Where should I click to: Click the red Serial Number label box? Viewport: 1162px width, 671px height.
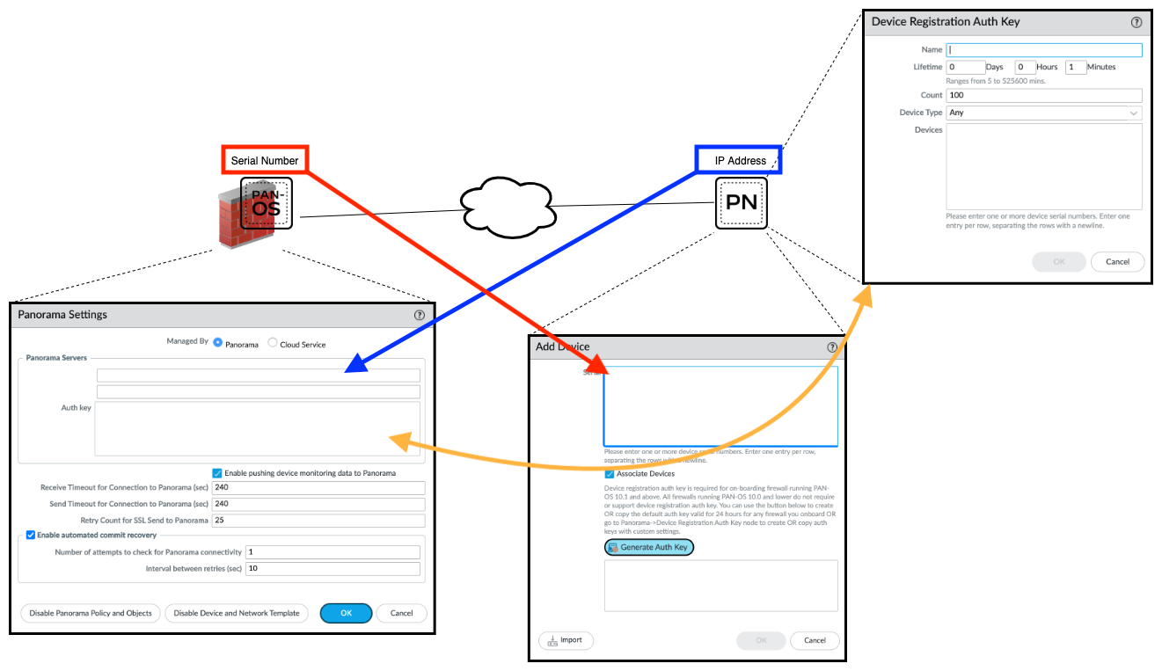(264, 160)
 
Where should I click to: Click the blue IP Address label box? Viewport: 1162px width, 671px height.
(739, 160)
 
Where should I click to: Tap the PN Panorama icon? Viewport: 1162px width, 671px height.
(741, 203)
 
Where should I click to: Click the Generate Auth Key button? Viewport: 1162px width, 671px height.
(649, 547)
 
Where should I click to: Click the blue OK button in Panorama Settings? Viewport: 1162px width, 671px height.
(346, 613)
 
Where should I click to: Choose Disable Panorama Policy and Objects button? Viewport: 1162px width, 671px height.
(91, 613)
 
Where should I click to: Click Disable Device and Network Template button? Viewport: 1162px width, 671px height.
(237, 613)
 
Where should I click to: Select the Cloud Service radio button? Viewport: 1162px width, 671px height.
(273, 343)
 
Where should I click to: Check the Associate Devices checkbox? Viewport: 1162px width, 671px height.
(610, 474)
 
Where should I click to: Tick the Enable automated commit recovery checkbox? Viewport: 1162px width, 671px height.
(31, 535)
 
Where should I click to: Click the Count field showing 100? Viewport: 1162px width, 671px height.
(1043, 95)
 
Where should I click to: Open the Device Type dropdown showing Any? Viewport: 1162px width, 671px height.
(1043, 113)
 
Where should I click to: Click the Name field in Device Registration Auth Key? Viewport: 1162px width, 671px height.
(1043, 50)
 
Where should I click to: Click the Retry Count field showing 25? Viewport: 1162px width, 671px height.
(318, 521)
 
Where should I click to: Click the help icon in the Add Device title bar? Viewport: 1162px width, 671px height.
(832, 347)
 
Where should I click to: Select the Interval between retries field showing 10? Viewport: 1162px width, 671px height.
(333, 568)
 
